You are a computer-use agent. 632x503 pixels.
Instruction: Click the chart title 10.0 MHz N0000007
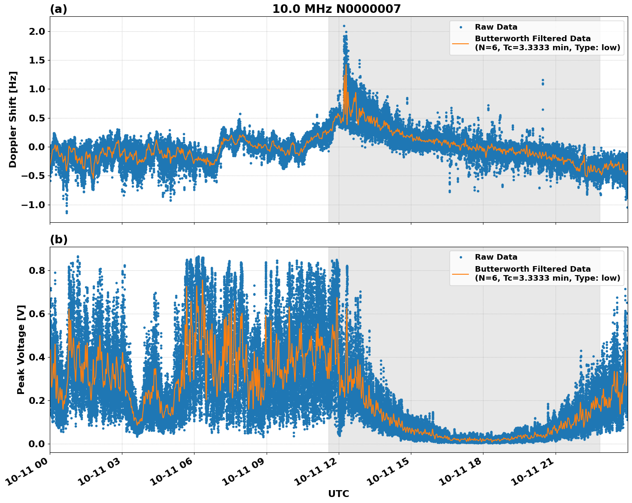tap(336, 9)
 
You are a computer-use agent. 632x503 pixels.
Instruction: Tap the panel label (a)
tap(58, 9)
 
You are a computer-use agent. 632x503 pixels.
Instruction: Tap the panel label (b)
tap(58, 239)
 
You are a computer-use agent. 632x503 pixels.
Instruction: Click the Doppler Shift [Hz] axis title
tap(13, 119)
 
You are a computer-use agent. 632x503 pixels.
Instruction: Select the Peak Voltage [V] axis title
tap(21, 349)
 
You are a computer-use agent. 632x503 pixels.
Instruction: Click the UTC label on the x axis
tap(338, 494)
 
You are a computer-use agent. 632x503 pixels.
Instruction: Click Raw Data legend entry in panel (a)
tap(496, 27)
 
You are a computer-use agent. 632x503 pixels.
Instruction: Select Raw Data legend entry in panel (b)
tap(496, 257)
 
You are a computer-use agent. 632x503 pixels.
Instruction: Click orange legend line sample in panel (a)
tap(460, 43)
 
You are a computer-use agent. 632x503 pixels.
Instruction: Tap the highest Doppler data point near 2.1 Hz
tap(344, 26)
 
